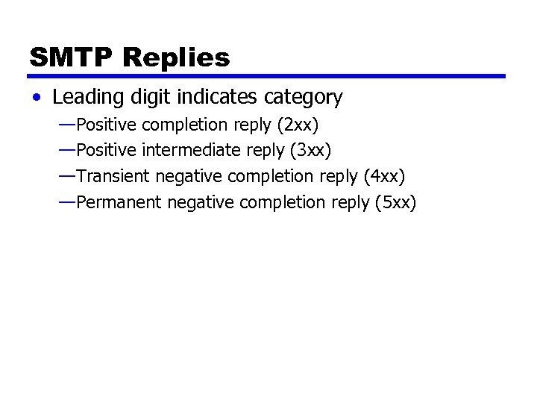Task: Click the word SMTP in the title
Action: coord(71,57)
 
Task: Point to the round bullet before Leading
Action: coord(37,98)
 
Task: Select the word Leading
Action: coord(84,98)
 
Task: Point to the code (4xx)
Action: coord(383,176)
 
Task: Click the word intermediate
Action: coord(192,150)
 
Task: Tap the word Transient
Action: coord(112,176)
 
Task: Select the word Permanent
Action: coord(119,202)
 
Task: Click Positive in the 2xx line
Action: coord(107,124)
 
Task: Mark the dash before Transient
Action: coord(66,175)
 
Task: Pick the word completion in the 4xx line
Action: coord(271,177)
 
